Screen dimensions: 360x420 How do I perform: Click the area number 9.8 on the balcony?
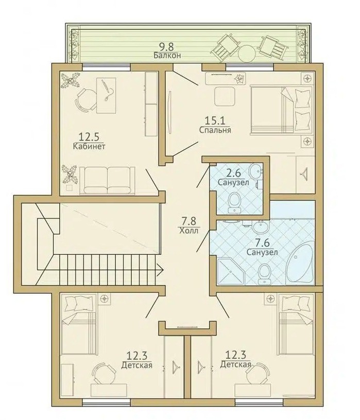pyautogui.click(x=166, y=47)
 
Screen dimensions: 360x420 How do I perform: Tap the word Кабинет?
pyautogui.click(x=89, y=147)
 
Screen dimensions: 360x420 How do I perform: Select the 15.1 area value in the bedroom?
pyautogui.click(x=215, y=120)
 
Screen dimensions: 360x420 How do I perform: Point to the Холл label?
pyautogui.click(x=188, y=231)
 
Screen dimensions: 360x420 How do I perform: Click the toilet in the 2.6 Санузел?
pyautogui.click(x=234, y=203)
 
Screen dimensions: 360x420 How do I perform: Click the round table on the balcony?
pyautogui.click(x=247, y=53)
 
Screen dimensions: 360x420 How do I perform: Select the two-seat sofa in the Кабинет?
pyautogui.click(x=107, y=179)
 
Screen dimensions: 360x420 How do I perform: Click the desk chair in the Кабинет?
pyautogui.click(x=87, y=100)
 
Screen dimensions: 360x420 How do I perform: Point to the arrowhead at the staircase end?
pyautogui.click(x=160, y=270)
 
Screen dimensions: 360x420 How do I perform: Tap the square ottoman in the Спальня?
pyautogui.click(x=225, y=96)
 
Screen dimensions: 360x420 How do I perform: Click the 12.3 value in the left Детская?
pyautogui.click(x=136, y=356)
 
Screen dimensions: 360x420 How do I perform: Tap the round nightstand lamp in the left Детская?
pyautogui.click(x=105, y=299)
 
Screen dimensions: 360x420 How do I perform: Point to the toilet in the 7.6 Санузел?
pyautogui.click(x=264, y=274)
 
